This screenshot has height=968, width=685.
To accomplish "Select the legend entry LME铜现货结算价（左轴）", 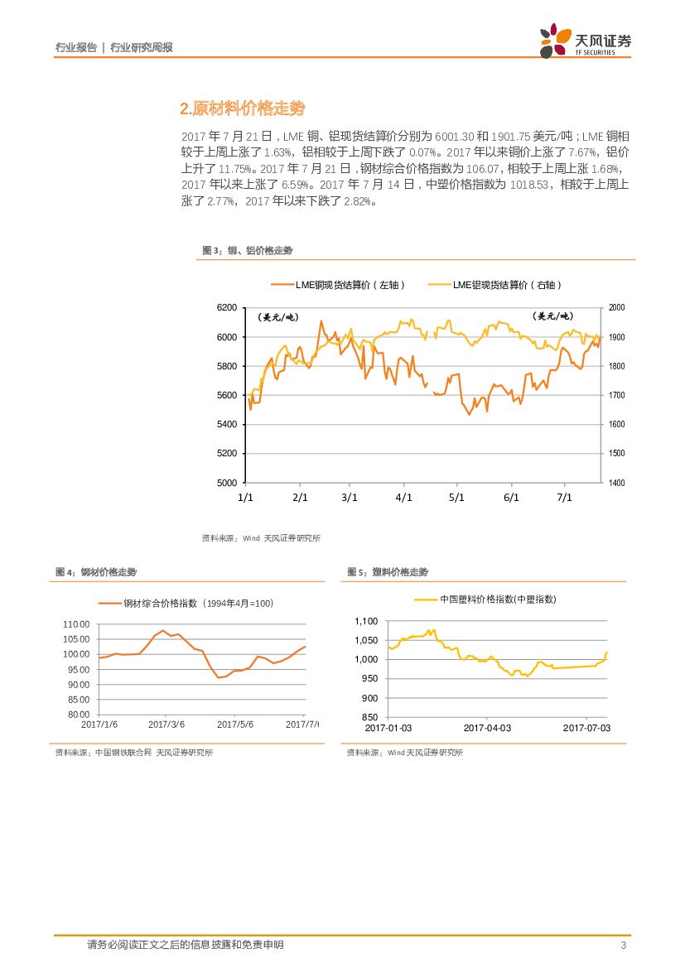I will tap(339, 285).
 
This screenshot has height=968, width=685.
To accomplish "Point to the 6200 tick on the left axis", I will tap(226, 307).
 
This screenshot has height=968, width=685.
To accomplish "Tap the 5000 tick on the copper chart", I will tap(226, 483).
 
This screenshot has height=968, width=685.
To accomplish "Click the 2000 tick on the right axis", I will tap(617, 307).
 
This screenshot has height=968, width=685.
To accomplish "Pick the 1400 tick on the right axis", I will tap(617, 483).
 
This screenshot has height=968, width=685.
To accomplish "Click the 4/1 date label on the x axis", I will tap(403, 498).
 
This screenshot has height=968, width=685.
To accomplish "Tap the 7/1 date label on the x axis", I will tap(565, 498).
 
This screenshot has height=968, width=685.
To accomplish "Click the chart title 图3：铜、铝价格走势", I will tap(248, 250).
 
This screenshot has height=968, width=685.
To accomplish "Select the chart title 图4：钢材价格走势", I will tap(95, 572).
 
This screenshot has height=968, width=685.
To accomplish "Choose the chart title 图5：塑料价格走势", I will tap(388, 572).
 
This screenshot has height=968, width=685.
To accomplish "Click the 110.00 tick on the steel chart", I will tap(76, 624).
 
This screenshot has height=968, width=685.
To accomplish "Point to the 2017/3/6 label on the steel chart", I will tap(166, 724).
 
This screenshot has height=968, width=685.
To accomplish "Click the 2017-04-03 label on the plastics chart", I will tap(487, 727).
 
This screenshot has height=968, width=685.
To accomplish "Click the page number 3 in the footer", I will tap(622, 946).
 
